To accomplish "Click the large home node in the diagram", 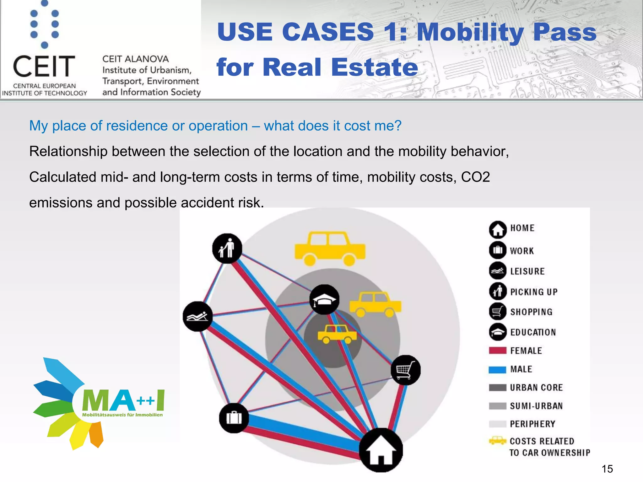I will pos(381,450).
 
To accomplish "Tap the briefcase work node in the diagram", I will pos(234,418).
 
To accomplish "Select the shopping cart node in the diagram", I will pos(406,370).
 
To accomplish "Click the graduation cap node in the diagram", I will pos(324,300).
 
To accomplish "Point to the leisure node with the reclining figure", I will pos(197,316).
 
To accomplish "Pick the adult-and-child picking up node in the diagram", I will pos(227,248).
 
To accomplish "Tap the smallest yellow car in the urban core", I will pos(337,334).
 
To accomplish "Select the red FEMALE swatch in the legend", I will pos(497,351).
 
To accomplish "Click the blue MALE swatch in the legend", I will pos(497,370).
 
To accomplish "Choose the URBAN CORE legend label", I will pos(536,388).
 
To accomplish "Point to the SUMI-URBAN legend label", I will pos(536,406).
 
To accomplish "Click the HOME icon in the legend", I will pos(498,229).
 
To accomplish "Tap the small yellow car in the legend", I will pos(498,441).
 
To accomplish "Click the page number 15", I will pos(607,469).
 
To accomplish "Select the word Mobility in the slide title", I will pos(470,32).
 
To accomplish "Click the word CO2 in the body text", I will pos(475,177).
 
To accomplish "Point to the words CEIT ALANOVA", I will pos(135,59).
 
